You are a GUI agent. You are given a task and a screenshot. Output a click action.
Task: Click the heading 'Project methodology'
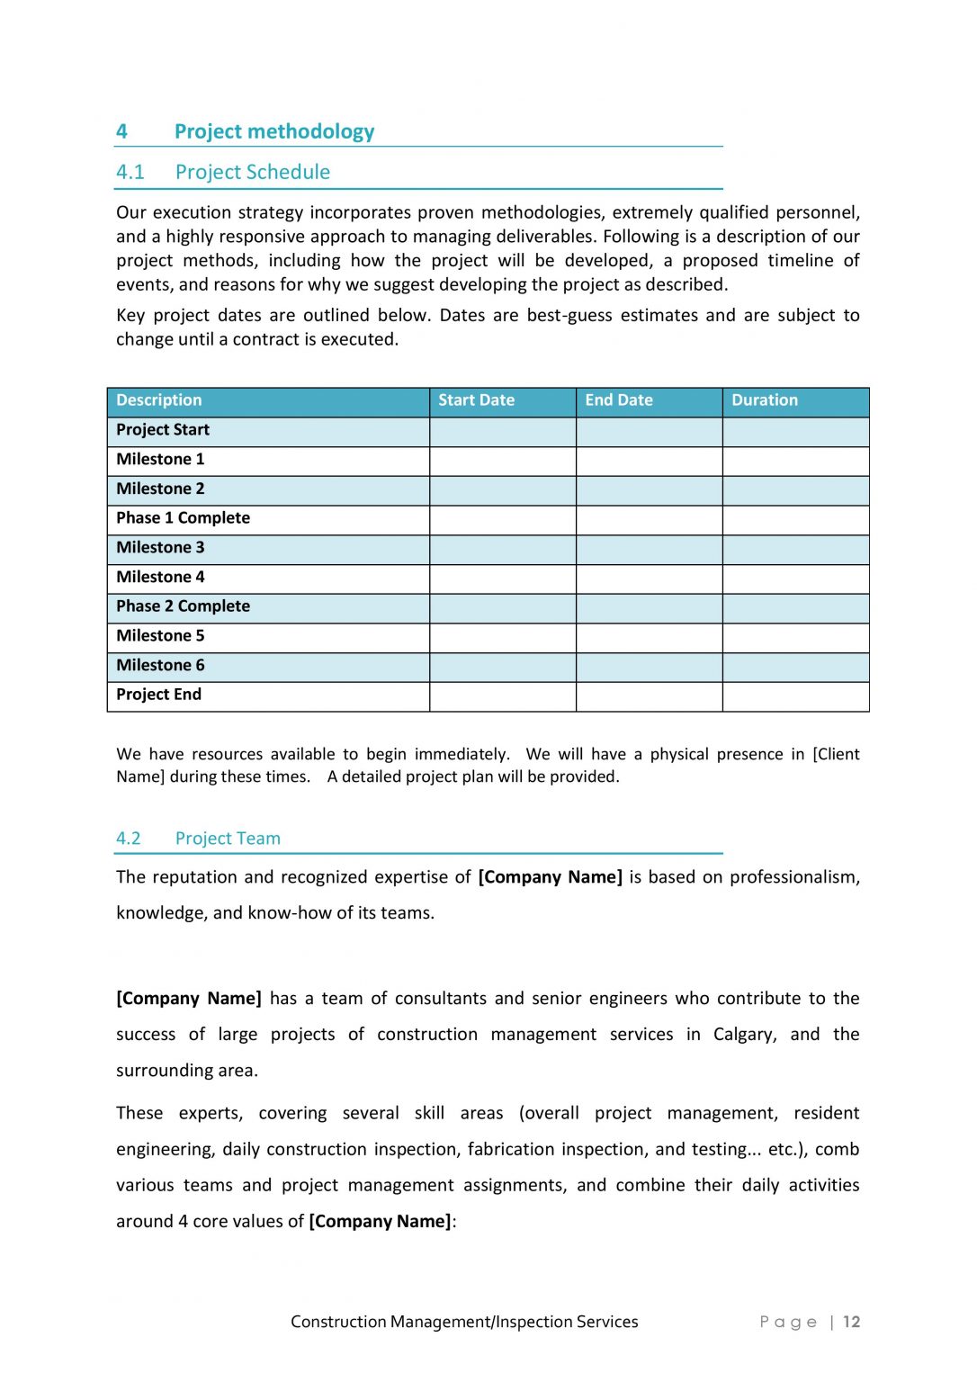[x=273, y=131]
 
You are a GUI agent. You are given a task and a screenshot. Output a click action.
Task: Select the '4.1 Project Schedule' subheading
[x=223, y=172]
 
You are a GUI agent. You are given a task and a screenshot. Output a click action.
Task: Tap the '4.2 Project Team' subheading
[x=198, y=838]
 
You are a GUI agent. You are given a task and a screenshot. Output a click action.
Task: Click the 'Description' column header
[x=159, y=400]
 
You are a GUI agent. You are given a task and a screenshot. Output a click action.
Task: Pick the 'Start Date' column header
[x=476, y=400]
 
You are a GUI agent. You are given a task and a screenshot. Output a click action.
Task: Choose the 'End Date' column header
[x=618, y=400]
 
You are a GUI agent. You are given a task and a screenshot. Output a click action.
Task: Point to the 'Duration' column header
[x=764, y=400]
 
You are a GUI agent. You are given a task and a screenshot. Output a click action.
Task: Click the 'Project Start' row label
[x=163, y=430]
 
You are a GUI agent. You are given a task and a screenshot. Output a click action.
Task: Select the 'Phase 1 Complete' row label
[x=183, y=518]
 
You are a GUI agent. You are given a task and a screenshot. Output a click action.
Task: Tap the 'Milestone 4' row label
[x=160, y=577]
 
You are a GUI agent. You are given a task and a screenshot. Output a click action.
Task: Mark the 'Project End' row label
[x=158, y=695]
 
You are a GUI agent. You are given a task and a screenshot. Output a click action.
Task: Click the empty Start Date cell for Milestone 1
[x=502, y=460]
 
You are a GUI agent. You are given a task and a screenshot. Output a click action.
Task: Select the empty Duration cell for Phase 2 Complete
[x=795, y=606]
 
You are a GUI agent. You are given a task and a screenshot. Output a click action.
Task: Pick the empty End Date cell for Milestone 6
[x=649, y=666]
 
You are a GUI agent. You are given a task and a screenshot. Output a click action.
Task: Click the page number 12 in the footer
[x=851, y=1322]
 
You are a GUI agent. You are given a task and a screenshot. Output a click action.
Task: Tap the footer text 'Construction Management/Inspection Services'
[x=464, y=1322]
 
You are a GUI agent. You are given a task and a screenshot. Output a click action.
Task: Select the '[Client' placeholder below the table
[x=836, y=754]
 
